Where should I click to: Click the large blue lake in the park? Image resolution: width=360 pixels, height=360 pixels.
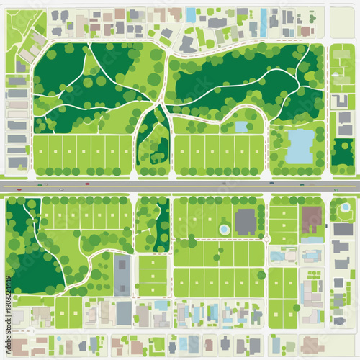tap(300, 146)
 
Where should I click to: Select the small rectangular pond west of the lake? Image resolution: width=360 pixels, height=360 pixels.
tap(241, 127)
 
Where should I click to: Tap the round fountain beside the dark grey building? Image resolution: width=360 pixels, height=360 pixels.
tap(224, 228)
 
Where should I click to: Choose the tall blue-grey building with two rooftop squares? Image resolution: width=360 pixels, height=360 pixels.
tap(122, 275)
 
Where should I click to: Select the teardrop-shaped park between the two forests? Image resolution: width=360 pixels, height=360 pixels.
tap(153, 137)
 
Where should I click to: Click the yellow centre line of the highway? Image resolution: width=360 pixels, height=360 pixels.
tap(180, 186)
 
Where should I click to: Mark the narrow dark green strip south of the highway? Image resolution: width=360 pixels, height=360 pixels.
tap(163, 223)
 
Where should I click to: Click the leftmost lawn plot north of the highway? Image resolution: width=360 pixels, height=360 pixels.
tap(41, 153)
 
